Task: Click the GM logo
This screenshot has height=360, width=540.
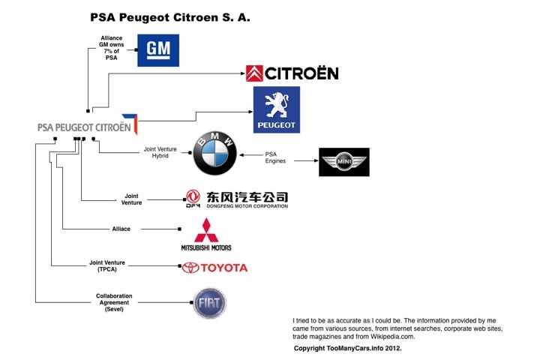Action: pos(157,50)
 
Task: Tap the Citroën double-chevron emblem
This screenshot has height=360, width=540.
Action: pos(255,73)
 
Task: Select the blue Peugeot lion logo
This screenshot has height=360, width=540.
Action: pos(276,109)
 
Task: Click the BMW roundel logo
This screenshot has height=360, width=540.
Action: pos(215,154)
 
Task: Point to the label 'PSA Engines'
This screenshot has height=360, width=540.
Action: pos(276,157)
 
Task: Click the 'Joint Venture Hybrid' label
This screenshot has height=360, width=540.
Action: pos(160,153)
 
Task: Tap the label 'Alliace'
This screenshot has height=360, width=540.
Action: pos(121,228)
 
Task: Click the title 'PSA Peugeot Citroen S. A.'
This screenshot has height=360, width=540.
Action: pos(169,16)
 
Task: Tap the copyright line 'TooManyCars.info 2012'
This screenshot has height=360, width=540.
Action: pos(348,349)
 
